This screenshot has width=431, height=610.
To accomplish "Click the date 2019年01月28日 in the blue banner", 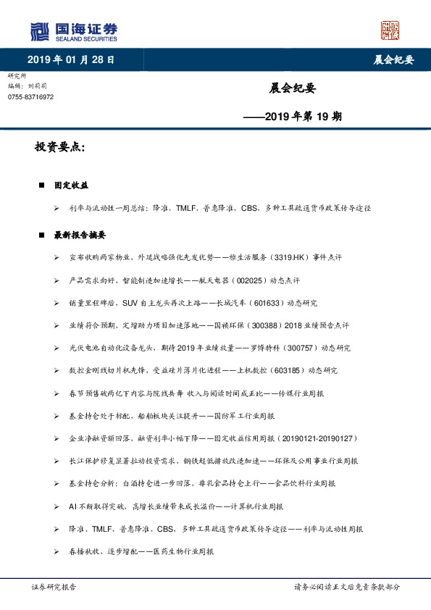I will pos(70,59).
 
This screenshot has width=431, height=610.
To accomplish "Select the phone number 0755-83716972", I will pos(30,96).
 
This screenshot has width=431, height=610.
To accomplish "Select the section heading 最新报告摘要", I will pos(80,235).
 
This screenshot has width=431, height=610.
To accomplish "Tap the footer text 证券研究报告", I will pos(54,587).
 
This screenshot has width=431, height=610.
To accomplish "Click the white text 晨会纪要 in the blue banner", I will pos(388,60).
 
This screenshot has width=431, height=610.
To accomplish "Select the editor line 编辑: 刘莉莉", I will pos(25,85).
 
